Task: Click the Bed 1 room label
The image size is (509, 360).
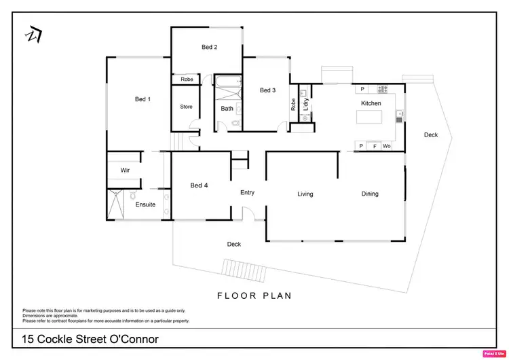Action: [143, 99]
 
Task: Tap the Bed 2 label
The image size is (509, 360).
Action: [209, 47]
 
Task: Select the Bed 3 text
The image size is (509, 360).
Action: [267, 90]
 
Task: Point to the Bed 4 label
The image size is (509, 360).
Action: [199, 185]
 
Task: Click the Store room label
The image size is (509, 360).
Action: [186, 107]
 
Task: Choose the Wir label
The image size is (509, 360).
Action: [125, 170]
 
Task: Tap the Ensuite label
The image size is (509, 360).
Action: [145, 204]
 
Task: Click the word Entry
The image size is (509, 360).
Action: [247, 193]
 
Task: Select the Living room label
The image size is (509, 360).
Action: [305, 194]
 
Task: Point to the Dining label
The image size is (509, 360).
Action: [370, 194]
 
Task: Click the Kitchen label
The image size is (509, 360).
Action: [371, 103]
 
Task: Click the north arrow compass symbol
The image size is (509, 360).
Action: [33, 35]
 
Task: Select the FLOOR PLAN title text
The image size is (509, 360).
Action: [254, 295]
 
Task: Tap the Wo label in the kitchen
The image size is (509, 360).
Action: [386, 146]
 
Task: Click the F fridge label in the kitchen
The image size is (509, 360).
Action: [374, 146]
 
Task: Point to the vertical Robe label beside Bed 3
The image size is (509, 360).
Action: [293, 105]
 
